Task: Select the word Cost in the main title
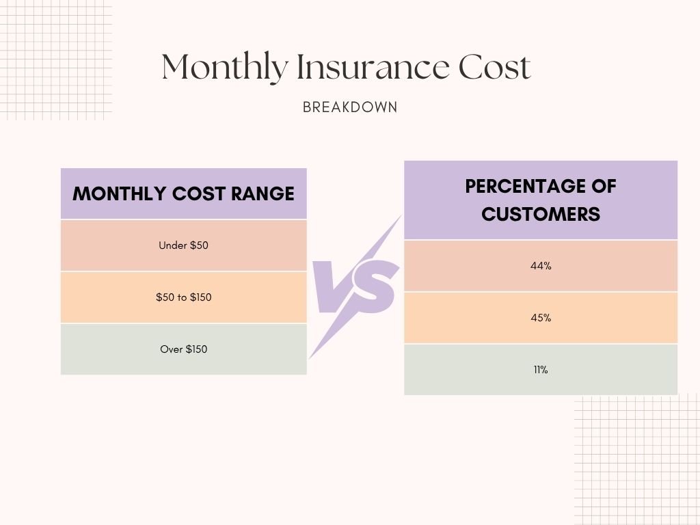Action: [x=494, y=68]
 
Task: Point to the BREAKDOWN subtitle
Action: [x=350, y=107]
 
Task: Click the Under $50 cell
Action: [x=183, y=245]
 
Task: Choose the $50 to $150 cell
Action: [x=183, y=297]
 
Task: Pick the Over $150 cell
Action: [x=183, y=349]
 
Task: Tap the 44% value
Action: [x=541, y=266]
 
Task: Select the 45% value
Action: [x=541, y=318]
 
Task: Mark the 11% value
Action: [x=541, y=370]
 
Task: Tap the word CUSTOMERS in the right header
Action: [x=541, y=214]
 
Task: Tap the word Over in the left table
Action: [x=171, y=349]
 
